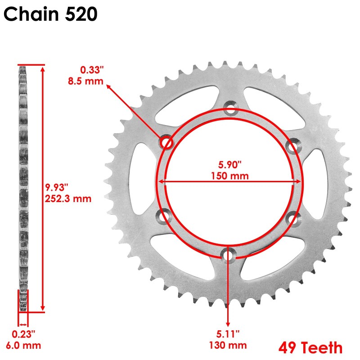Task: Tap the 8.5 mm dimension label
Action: (x=92, y=81)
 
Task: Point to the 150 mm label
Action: (x=229, y=175)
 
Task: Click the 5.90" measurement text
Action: (x=229, y=165)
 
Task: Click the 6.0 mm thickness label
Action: (x=23, y=346)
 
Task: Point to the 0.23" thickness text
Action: (x=23, y=334)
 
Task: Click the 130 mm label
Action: (x=228, y=345)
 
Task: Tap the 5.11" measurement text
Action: (x=228, y=334)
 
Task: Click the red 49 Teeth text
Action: (x=310, y=347)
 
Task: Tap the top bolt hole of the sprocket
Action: (x=230, y=108)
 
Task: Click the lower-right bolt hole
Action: (x=293, y=218)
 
